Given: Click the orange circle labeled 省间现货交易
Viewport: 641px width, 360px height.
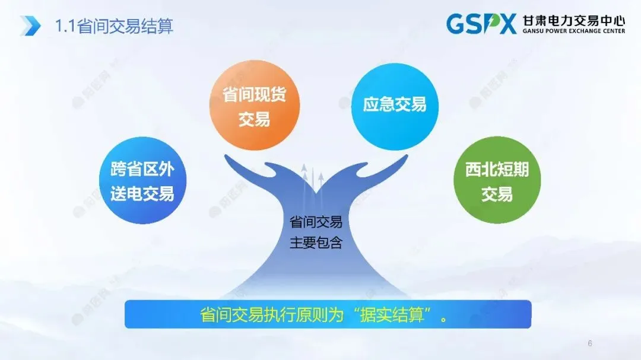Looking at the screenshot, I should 254,106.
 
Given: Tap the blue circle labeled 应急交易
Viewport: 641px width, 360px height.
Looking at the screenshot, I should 395,105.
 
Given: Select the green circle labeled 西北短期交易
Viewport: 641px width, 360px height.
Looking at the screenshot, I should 497,181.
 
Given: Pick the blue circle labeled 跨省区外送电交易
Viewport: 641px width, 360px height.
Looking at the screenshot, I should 142,180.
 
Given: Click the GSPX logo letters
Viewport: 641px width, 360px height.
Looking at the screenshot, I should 481,24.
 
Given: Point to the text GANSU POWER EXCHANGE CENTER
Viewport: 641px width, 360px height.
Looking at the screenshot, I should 573,31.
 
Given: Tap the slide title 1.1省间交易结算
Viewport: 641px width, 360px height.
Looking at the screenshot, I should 114,26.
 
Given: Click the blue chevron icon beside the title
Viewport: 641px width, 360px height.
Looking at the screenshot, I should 30,26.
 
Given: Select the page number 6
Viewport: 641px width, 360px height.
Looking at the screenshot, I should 589,343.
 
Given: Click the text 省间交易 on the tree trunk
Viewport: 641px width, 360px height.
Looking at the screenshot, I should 315,222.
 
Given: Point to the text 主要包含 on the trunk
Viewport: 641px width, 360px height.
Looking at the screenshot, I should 315,243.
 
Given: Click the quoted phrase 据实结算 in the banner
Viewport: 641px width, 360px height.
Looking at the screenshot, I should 393,315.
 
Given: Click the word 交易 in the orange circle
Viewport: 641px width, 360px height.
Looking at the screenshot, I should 254,119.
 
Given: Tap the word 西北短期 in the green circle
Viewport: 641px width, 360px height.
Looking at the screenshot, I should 497,171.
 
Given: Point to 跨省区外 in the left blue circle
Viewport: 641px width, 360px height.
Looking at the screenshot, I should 142,170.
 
